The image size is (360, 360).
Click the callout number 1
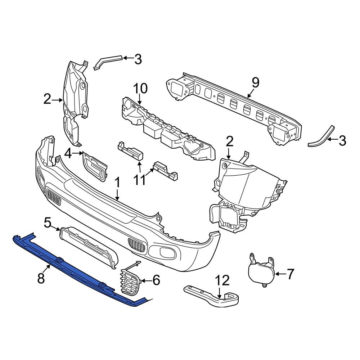click(117, 184)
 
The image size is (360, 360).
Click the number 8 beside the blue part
click(41, 278)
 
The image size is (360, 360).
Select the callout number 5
click(48, 223)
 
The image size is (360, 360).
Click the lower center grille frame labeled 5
click(88, 245)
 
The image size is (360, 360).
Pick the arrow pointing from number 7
click(280, 274)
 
